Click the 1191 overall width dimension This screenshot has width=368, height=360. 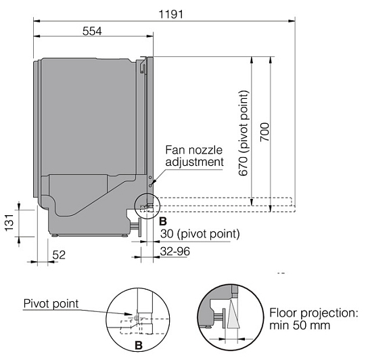[x=171, y=14]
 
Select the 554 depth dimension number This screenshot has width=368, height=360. [x=92, y=31]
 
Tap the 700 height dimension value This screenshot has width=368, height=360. [x=264, y=132]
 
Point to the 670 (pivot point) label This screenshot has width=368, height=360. [x=243, y=133]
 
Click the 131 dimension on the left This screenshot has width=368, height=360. [x=9, y=223]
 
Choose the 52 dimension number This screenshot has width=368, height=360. [x=59, y=255]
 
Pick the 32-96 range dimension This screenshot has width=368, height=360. [x=175, y=252]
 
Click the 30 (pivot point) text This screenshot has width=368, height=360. [x=200, y=234]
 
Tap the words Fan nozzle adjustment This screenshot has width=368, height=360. [x=194, y=156]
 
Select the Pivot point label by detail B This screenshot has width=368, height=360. [x=51, y=304]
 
